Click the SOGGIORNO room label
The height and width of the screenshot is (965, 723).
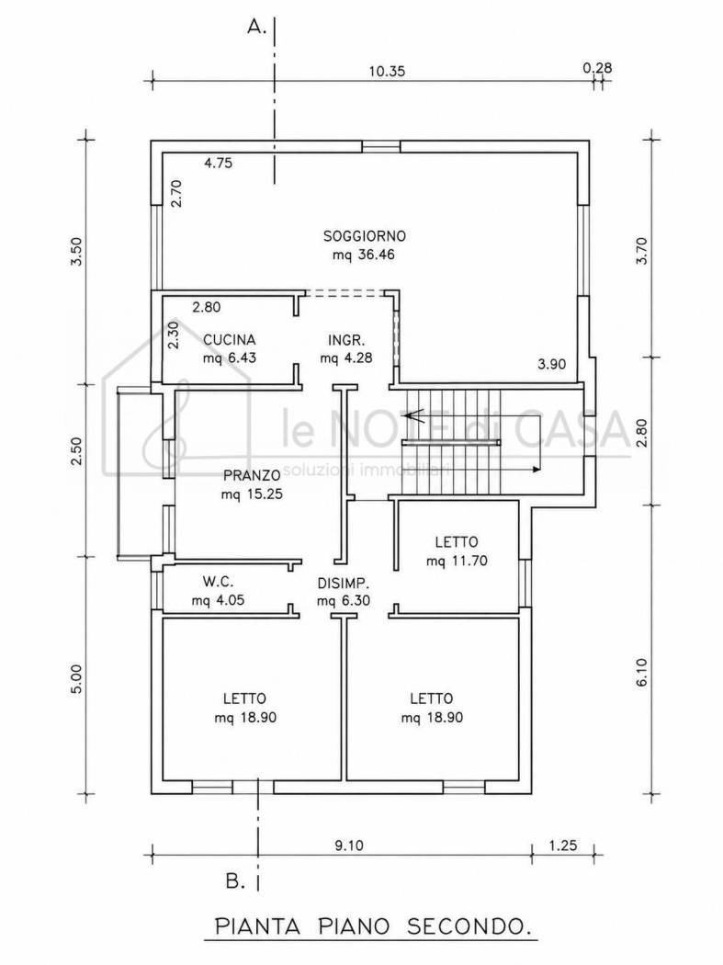coord(365,235)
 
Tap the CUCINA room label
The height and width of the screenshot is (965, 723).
coord(230,340)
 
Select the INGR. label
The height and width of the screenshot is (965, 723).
coord(346,340)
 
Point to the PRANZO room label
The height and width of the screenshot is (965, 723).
coord(252,475)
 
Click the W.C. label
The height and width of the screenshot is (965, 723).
coord(218,581)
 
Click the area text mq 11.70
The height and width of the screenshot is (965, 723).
coord(457,562)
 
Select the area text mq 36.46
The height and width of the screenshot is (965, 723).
coord(364,255)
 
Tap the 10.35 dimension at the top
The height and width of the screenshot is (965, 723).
coord(387,72)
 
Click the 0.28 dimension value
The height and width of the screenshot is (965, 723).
coord(597,68)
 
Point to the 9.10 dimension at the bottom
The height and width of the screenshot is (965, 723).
coord(349,846)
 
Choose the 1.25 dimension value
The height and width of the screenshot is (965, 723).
coord(563,846)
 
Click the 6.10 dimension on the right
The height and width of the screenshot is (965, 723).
coord(642,673)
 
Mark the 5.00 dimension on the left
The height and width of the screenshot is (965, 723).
coord(76,679)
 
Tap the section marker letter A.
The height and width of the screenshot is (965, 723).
coord(255,27)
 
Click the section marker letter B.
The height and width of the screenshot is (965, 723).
coord(235,882)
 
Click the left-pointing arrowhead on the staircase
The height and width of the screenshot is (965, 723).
coord(409,416)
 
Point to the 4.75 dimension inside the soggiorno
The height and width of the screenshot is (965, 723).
coord(219,164)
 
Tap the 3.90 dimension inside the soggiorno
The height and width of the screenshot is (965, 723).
coord(551,364)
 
